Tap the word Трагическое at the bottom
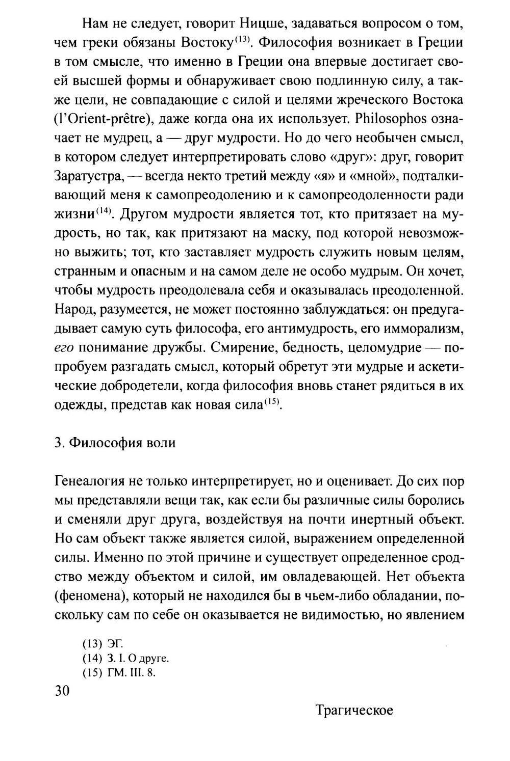point(354,710)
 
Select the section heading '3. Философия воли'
point(115,443)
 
